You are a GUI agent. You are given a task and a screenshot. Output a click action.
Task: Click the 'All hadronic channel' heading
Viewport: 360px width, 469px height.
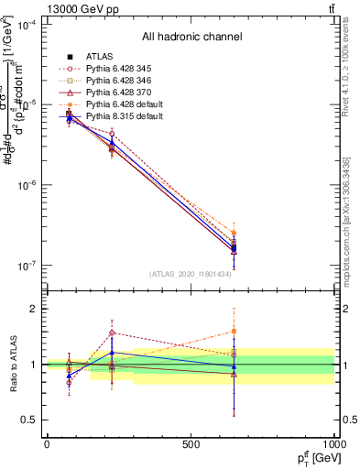191,37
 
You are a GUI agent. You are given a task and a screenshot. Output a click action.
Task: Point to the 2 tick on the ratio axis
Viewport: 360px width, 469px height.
33,309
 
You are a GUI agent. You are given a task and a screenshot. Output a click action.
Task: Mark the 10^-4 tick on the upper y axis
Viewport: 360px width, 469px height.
27,25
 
